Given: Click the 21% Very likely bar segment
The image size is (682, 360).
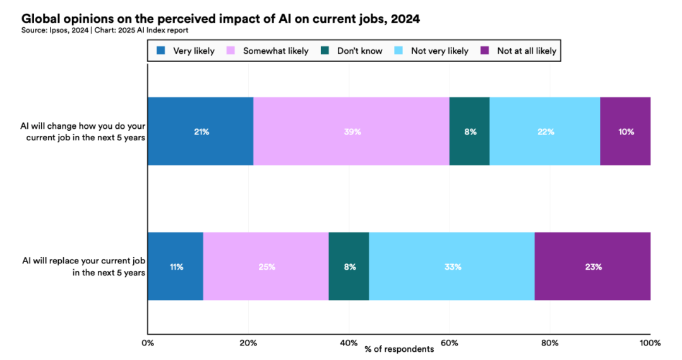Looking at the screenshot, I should click(x=200, y=131).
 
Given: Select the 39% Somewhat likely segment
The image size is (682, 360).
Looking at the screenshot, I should click(x=351, y=131).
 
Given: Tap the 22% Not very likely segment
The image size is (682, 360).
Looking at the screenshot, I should click(x=545, y=131).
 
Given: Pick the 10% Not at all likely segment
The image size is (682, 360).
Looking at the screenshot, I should click(x=625, y=131).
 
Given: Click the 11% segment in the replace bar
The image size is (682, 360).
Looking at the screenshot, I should click(x=176, y=267).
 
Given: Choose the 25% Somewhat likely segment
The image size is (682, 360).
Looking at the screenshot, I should click(x=266, y=267).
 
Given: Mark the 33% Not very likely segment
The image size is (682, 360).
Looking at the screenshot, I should click(x=452, y=267).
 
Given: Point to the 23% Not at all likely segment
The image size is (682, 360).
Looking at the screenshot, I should click(x=592, y=267).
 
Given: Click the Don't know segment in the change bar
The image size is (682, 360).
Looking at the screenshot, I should click(x=470, y=131).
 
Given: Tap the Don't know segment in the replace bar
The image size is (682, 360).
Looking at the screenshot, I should click(x=349, y=267).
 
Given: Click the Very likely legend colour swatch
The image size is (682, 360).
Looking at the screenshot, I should click(x=161, y=51).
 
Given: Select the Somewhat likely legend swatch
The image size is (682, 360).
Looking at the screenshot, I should click(x=231, y=51).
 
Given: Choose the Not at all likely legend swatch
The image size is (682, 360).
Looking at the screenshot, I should click(x=485, y=51).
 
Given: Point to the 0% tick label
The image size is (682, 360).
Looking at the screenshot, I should click(x=148, y=343).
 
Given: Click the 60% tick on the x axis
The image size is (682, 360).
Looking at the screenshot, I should click(x=449, y=343).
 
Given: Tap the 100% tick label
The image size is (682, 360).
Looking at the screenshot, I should click(x=650, y=343).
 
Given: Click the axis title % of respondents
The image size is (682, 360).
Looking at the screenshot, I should click(x=399, y=349).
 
